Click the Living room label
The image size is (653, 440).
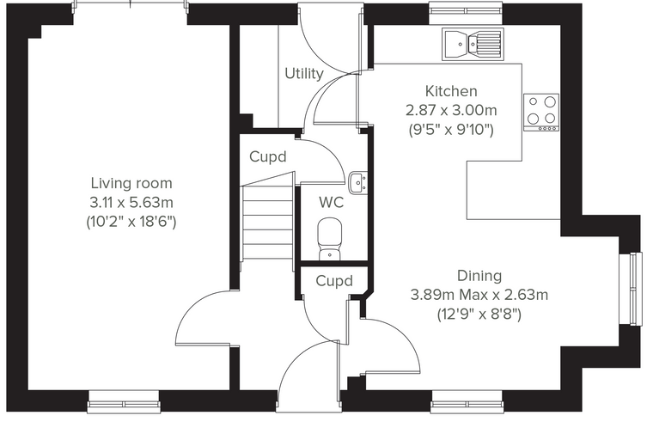click(x=131, y=183)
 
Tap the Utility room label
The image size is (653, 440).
click(x=304, y=74)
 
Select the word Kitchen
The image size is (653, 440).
click(x=451, y=91)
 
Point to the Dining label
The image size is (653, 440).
click(x=479, y=275)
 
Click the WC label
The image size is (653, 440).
click(x=331, y=203)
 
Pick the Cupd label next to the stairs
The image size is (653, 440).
click(x=268, y=157)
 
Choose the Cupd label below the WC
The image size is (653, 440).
click(x=334, y=281)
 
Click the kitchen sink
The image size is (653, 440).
click(x=473, y=44)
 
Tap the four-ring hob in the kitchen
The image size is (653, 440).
click(x=541, y=113)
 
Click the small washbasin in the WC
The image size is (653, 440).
click(x=357, y=183)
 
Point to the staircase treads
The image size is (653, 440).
click(x=268, y=223)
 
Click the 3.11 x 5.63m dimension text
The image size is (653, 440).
click(x=131, y=203)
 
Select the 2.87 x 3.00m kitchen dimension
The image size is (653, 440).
click(x=451, y=110)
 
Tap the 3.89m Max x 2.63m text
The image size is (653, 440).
click(x=479, y=295)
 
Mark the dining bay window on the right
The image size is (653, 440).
click(x=629, y=289)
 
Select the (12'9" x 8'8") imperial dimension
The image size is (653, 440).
click(x=479, y=314)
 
